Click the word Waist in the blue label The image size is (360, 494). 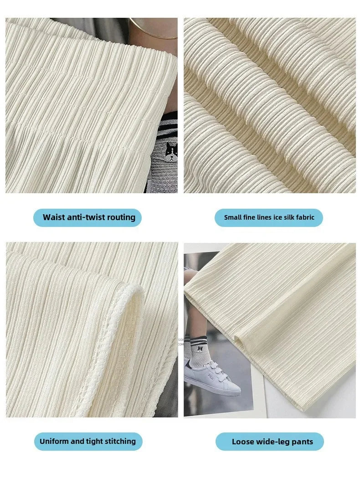click(x=53, y=217)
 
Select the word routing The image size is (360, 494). click(x=121, y=218)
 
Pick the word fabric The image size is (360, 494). click(x=305, y=217)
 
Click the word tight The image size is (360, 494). click(x=93, y=442)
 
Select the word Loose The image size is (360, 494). click(x=242, y=442)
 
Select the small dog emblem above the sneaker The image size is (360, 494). click(x=200, y=349)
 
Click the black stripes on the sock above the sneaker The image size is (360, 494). click(x=198, y=340)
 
